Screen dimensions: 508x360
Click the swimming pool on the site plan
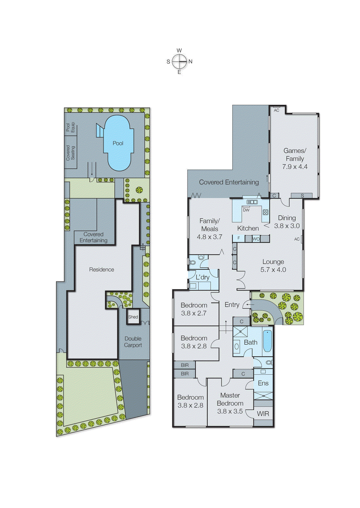point(118,143)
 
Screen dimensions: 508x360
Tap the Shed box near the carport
point(133,317)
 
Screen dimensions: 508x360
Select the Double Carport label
point(133,342)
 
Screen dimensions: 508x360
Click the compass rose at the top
point(180,61)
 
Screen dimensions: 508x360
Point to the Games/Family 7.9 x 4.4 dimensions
point(295,167)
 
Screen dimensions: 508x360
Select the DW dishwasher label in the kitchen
point(246,210)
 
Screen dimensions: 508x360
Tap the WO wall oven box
point(256,239)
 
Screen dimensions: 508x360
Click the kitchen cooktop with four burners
point(265,212)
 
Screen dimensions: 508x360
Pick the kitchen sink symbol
point(252,202)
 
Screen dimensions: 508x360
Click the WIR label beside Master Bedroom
point(263,414)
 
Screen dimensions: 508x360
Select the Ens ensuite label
point(263,383)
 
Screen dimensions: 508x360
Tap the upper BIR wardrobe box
point(185,365)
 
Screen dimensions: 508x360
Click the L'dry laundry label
point(202,277)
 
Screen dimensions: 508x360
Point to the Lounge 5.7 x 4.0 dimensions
point(273,270)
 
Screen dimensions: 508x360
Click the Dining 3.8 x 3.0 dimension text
point(287,226)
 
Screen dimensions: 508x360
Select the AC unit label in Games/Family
point(276,110)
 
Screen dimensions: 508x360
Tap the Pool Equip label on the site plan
point(70,127)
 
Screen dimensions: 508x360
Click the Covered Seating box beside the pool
point(71,153)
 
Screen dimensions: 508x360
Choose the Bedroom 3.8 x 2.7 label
point(194,309)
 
